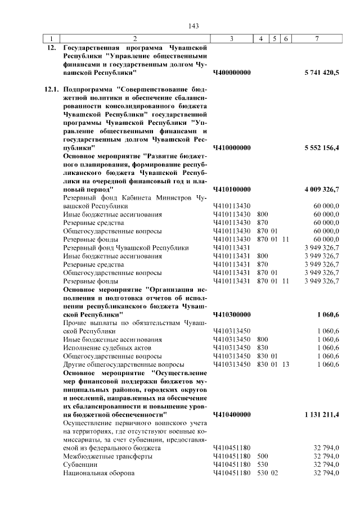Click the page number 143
coord(194,26)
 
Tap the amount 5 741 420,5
coord(321,73)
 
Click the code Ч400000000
coord(232,73)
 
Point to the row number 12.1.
coord(52,89)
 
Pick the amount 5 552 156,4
coord(321,147)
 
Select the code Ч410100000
coord(232,189)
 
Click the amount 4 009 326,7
coord(321,189)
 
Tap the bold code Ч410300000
coord(232,314)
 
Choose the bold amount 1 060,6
coord(328,314)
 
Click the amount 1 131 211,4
coord(321,414)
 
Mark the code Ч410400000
coord(232,414)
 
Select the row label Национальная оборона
coord(99,473)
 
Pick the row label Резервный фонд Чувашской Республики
coord(125,247)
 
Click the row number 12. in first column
coord(52,48)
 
